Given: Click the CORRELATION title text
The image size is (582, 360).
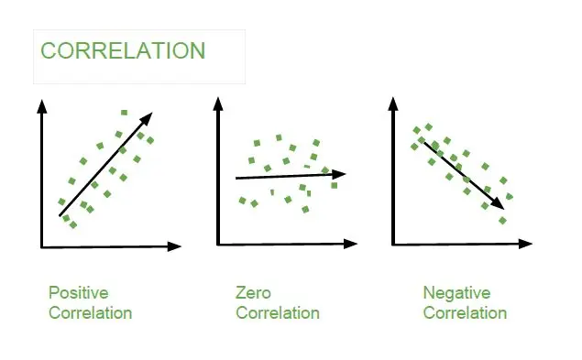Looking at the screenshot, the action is click(123, 50).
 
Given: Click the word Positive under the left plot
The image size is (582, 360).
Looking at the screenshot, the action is click(78, 293).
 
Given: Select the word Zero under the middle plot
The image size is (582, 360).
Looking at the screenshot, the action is click(254, 293).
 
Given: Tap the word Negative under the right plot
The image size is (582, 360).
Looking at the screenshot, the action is click(456, 293).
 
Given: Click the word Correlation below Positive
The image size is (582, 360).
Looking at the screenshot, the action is click(90, 313).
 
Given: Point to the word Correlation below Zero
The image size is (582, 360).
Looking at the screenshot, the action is click(278, 313).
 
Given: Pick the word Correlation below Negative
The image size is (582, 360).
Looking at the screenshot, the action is click(465, 313).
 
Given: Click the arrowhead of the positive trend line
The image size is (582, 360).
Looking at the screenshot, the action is click(148, 115).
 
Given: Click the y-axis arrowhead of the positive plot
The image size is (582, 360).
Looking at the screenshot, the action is click(41, 103).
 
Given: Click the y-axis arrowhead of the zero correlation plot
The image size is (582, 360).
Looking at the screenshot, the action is click(217, 103).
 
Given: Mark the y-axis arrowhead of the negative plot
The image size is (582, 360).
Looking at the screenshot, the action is click(393, 103).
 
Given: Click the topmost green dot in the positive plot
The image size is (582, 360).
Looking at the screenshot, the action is click(124, 113).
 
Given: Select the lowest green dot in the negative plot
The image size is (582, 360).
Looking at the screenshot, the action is click(501, 220).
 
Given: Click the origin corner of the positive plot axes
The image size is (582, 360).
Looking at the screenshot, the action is click(42, 246).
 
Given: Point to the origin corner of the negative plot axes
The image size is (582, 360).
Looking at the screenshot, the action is click(394, 244).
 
